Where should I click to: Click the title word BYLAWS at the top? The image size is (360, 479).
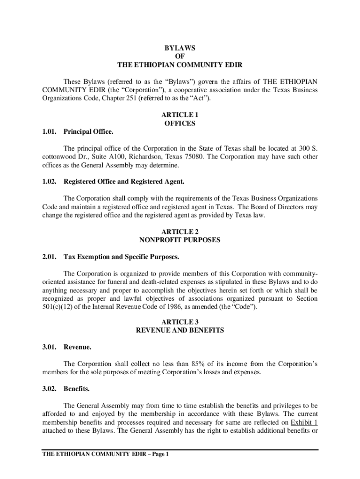(180, 48)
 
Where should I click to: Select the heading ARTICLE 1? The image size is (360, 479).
(180, 115)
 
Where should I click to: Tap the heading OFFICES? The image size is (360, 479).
(180, 123)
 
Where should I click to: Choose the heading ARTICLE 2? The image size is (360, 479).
(180, 232)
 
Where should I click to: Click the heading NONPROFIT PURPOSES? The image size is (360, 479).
(180, 240)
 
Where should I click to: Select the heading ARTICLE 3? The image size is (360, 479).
(180, 322)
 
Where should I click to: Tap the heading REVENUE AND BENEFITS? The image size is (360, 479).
(180, 330)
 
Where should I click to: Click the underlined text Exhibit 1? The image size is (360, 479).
(304, 422)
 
